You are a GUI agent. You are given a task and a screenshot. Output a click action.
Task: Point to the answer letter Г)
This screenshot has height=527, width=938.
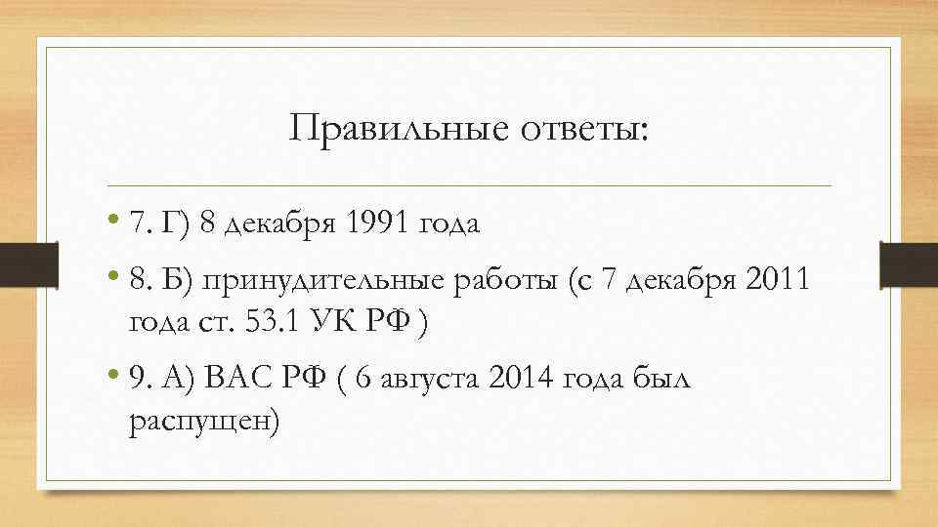(178, 224)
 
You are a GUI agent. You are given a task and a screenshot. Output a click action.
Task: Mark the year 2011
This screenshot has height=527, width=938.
(777, 283)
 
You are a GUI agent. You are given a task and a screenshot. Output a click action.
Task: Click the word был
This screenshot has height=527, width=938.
(661, 381)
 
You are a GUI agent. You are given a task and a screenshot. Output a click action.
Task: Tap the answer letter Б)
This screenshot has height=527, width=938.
(180, 283)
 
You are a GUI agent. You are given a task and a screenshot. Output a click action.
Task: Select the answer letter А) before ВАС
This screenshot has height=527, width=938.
(179, 381)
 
